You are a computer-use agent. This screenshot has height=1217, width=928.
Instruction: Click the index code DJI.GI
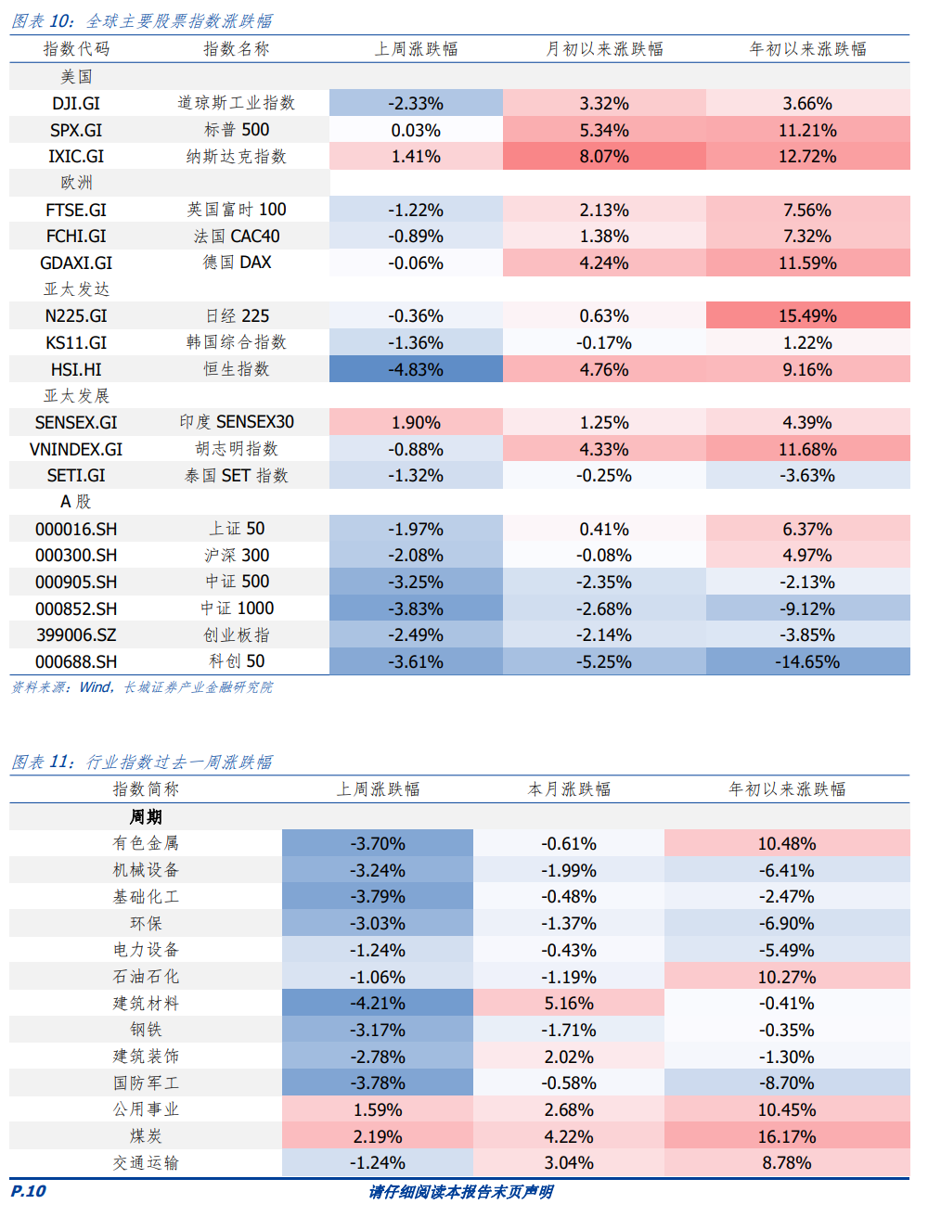[76, 104]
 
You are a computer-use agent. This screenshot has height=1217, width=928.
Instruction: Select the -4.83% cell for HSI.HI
[416, 370]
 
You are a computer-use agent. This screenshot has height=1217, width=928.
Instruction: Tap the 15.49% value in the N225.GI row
[807, 316]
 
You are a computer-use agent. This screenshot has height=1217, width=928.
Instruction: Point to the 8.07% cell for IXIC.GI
[604, 157]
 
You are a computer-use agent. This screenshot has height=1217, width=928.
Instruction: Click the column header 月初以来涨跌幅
[604, 49]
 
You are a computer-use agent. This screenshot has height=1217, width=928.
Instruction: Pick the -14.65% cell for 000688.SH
[807, 662]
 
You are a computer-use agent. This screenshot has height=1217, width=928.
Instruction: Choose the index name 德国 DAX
[238, 263]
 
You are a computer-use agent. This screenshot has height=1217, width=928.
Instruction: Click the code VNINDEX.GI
[76, 450]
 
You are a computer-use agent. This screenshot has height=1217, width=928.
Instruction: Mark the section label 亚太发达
[76, 289]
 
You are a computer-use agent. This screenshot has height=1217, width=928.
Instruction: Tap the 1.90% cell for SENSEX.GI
[416, 423]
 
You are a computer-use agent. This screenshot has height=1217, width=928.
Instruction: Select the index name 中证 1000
[238, 608]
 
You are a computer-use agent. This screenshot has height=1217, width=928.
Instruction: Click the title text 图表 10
[43, 21]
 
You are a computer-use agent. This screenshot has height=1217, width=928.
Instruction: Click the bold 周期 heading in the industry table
[146, 817]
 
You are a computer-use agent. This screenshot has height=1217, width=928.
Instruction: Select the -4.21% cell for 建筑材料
[378, 1004]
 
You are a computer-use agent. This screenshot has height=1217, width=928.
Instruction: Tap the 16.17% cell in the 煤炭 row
[787, 1137]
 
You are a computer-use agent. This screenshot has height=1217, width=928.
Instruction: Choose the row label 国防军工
[146, 1083]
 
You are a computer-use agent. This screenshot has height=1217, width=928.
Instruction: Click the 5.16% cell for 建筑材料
[569, 1004]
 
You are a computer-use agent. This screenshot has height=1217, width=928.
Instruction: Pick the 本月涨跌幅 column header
[569, 789]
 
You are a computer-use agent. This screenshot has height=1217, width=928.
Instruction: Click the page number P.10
[28, 1192]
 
